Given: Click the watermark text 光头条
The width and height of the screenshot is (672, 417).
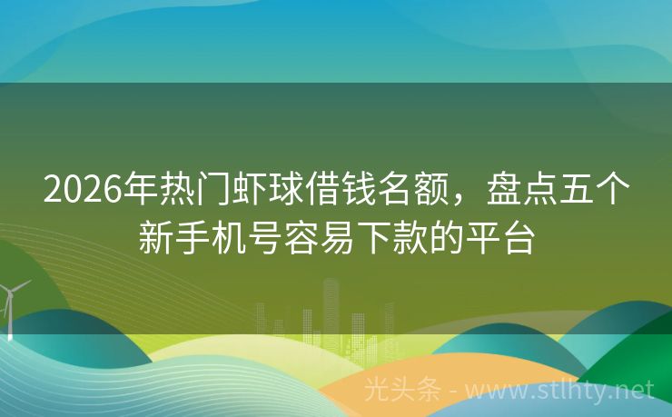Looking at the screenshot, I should click(x=402, y=391).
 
